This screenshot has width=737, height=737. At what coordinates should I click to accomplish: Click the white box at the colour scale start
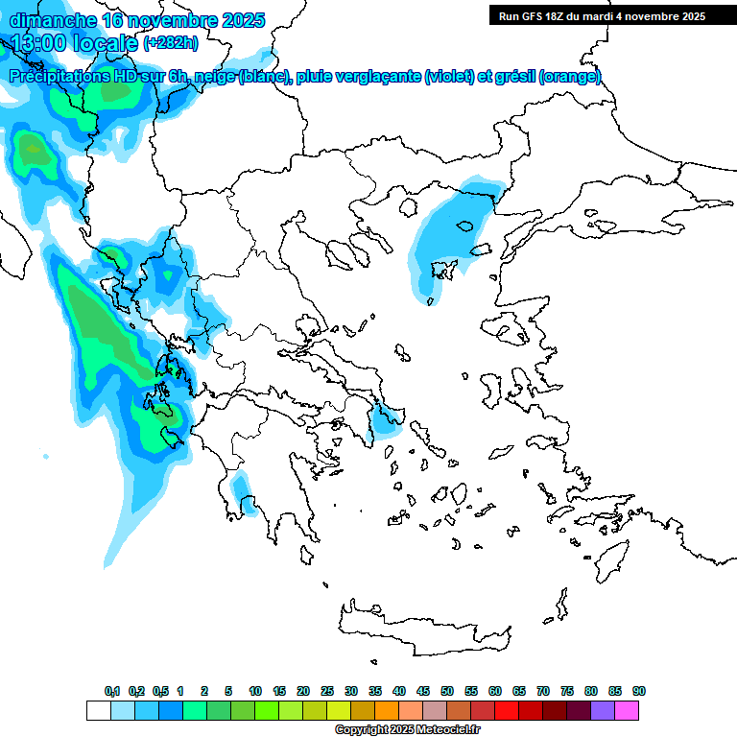[98, 710]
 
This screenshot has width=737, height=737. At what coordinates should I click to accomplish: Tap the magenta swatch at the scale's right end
[627, 710]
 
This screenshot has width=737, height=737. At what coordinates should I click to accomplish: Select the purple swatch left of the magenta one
[603, 710]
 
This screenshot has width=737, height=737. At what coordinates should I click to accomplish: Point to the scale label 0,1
[112, 692]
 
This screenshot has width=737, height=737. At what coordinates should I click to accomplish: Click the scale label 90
[639, 692]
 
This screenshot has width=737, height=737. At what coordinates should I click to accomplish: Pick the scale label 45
[423, 692]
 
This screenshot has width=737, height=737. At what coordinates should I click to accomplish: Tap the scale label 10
[255, 692]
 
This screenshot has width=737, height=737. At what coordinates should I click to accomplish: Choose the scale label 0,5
[160, 692]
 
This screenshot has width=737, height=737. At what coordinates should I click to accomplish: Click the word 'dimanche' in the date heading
[53, 20]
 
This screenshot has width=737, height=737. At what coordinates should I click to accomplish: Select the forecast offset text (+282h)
[172, 43]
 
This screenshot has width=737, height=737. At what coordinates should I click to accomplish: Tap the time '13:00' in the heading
[39, 43]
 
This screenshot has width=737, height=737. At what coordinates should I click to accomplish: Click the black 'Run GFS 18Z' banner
[600, 15]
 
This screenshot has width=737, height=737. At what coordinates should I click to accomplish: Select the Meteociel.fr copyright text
[407, 730]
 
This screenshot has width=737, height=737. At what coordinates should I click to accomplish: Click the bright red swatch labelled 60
[507, 710]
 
